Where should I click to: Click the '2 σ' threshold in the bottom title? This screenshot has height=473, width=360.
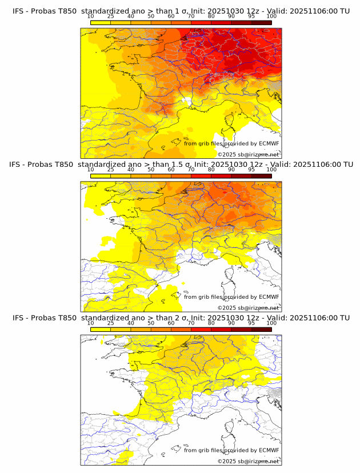(183, 318)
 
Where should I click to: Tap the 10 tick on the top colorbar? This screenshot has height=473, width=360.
(91, 16)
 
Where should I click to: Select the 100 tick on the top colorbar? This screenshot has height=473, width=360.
(271, 16)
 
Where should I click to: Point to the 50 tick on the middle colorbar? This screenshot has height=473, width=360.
(151, 170)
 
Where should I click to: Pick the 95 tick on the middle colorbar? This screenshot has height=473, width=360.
(251, 170)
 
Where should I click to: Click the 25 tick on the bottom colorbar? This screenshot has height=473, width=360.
(111, 323)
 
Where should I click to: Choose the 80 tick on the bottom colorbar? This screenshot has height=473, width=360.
(211, 323)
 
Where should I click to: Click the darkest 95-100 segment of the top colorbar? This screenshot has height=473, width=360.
(261, 22)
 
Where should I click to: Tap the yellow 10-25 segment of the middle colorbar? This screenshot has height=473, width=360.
(101, 176)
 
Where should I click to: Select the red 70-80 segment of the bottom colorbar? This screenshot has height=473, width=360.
(201, 330)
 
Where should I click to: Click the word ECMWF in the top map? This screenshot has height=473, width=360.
(269, 143)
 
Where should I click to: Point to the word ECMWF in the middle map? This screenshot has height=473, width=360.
(269, 297)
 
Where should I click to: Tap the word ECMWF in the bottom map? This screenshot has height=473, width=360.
(269, 450)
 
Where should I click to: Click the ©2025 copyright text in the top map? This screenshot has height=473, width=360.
(227, 155)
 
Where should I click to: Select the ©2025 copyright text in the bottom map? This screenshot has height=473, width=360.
(227, 462)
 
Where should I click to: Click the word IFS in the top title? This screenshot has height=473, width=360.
(18, 11)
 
